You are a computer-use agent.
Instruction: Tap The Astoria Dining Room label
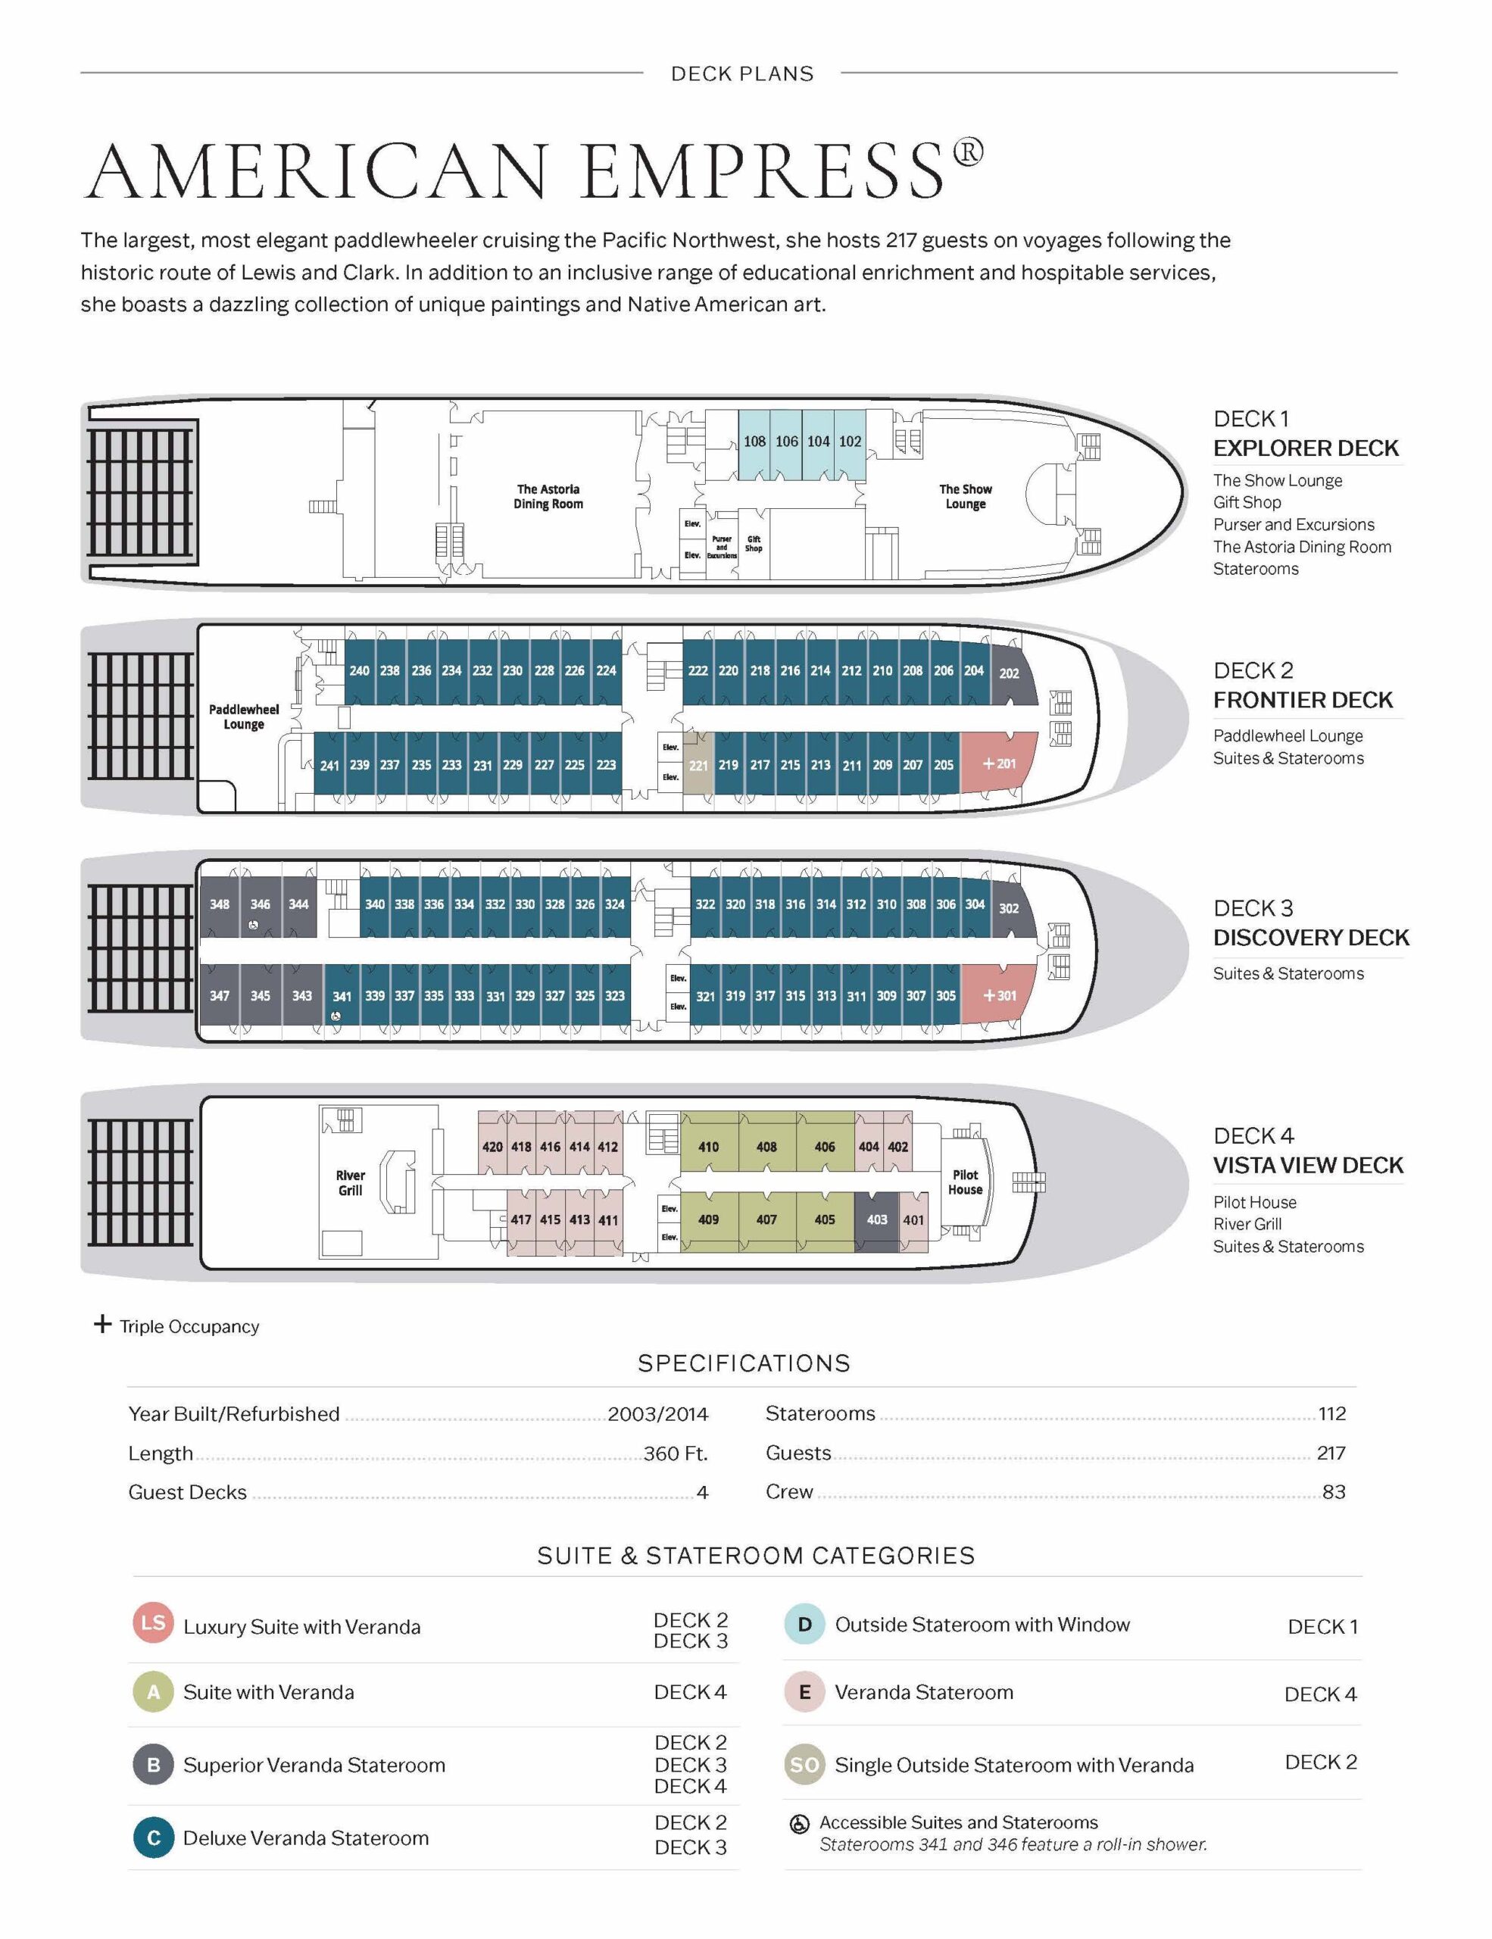coord(548,496)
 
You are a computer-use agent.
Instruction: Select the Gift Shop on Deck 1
coord(754,543)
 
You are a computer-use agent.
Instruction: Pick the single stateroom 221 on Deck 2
coord(698,764)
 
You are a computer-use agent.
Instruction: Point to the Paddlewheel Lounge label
coord(243,717)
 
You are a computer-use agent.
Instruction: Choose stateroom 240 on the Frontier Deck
coord(360,671)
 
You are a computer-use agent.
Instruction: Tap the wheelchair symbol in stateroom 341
coord(336,1016)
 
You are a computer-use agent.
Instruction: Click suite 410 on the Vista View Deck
coord(708,1146)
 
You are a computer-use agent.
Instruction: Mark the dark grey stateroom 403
coord(877,1220)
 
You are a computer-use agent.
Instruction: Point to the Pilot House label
coord(965,1182)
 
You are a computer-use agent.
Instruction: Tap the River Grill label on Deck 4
coord(350,1182)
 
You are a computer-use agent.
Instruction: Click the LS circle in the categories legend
coord(153,1622)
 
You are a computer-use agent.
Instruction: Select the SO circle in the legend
coord(804,1765)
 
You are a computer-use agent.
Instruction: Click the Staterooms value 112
coord(1331,1413)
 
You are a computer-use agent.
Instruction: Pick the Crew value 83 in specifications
coord(1333,1491)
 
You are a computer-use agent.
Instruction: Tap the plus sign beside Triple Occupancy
coord(103,1325)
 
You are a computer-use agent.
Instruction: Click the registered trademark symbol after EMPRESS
coord(969,151)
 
